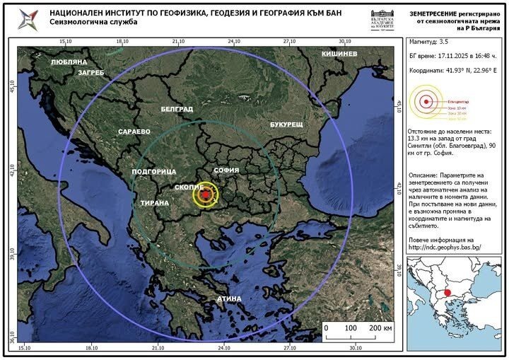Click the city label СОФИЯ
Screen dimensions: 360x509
point(226,170)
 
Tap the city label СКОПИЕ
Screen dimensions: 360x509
point(190,187)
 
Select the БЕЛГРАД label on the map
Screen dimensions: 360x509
point(177,110)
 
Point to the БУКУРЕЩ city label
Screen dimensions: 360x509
point(286,124)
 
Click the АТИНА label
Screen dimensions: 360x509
point(228,298)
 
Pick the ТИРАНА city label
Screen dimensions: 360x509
point(154,203)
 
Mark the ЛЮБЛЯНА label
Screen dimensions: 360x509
point(69,62)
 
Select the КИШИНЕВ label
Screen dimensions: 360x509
point(339,54)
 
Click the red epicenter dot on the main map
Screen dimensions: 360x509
point(205,194)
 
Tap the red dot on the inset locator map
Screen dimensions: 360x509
point(447,292)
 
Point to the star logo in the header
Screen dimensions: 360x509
point(29,18)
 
